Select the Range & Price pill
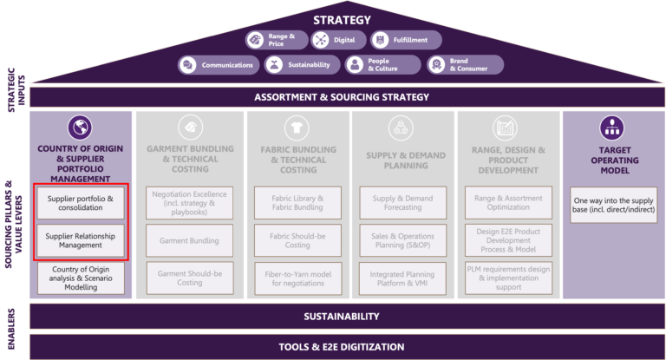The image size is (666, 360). tap(275, 40)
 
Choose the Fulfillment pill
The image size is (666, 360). tap(405, 40)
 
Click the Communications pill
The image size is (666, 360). tap(219, 64)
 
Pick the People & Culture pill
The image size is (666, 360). tap(380, 64)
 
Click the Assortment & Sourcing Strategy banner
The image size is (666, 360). tap(341, 96)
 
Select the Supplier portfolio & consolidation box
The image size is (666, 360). tap(81, 203)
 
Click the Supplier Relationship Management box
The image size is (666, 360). tap(81, 239)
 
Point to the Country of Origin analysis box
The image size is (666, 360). tap(81, 278)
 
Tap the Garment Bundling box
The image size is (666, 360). tap(189, 240)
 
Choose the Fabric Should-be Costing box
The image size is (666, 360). tap(295, 240)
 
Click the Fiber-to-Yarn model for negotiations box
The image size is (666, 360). tap(295, 278)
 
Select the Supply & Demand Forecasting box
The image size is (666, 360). tap(402, 203)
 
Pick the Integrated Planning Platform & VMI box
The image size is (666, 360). tap(402, 278)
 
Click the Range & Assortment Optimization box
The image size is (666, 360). tap(509, 203)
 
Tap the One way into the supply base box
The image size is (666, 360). tap(613, 205)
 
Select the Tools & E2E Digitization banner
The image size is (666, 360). tap(341, 347)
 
